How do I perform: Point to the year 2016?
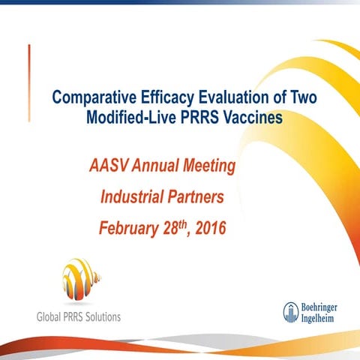tap(209, 227)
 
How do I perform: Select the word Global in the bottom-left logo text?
tap(53, 316)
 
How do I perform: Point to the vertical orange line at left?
tap(30, 71)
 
